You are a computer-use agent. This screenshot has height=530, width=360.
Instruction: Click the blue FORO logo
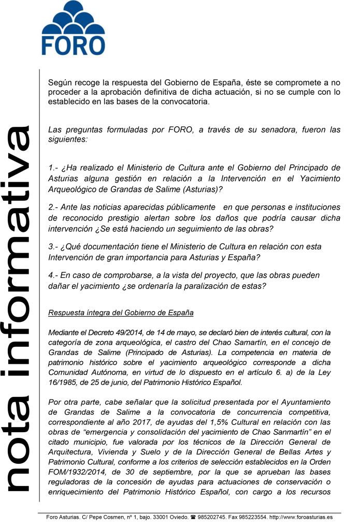73,28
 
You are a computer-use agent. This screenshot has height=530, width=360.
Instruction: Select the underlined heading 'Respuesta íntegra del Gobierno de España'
121,313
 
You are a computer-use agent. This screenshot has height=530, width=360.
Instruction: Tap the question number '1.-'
53,168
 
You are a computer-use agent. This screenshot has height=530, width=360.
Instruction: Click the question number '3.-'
53,247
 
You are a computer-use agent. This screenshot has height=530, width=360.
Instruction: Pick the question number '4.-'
53,275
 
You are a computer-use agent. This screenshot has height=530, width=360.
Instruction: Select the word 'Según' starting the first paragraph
59,82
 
